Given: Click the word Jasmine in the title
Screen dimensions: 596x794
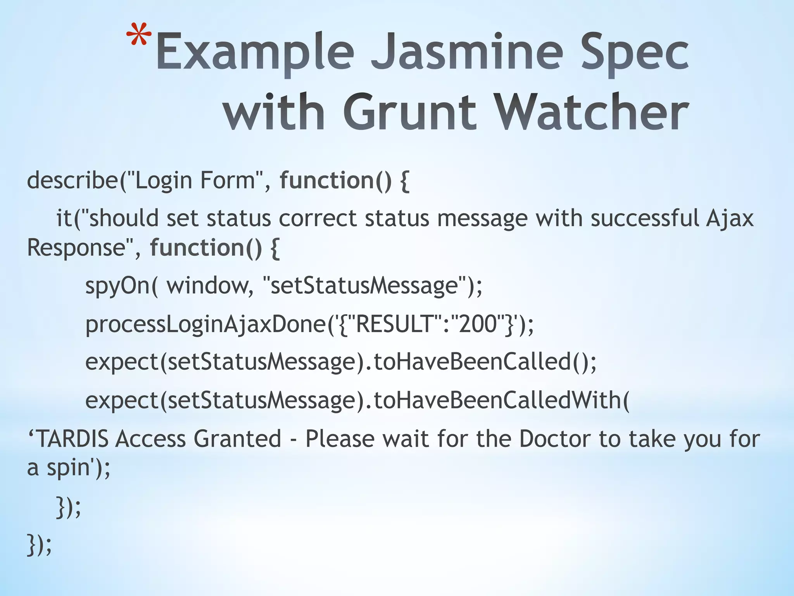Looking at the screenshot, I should tap(466, 52).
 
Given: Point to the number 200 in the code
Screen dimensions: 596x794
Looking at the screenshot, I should tap(477, 324).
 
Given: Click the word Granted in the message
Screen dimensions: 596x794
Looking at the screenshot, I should tap(237, 439).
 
